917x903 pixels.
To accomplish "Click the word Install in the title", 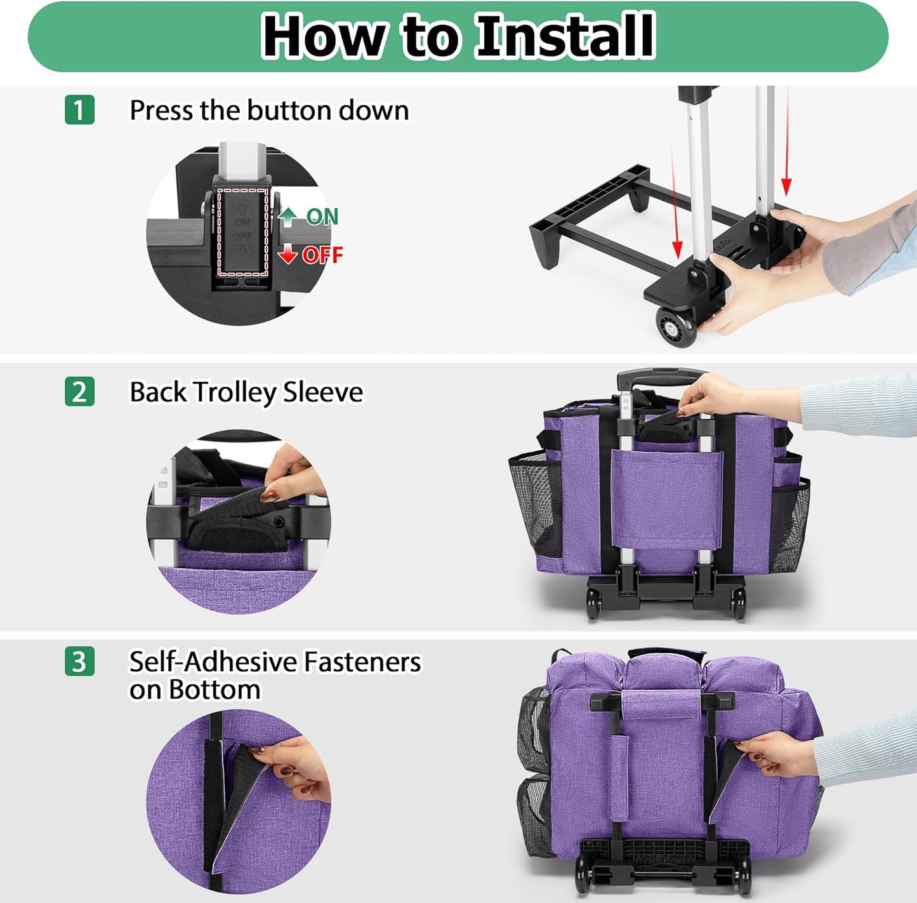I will (x=565, y=36).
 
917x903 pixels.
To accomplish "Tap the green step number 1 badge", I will (x=79, y=110).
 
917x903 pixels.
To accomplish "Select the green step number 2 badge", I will (x=79, y=392).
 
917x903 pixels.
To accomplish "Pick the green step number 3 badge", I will (x=79, y=661).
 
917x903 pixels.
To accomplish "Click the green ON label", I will (x=322, y=217).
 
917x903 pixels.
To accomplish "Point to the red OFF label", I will (x=322, y=255).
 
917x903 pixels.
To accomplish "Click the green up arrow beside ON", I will (x=288, y=217).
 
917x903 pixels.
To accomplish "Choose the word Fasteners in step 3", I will (x=362, y=662).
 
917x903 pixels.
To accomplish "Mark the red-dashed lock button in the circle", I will (x=242, y=232).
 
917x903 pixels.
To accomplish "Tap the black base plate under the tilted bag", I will (x=663, y=854).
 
